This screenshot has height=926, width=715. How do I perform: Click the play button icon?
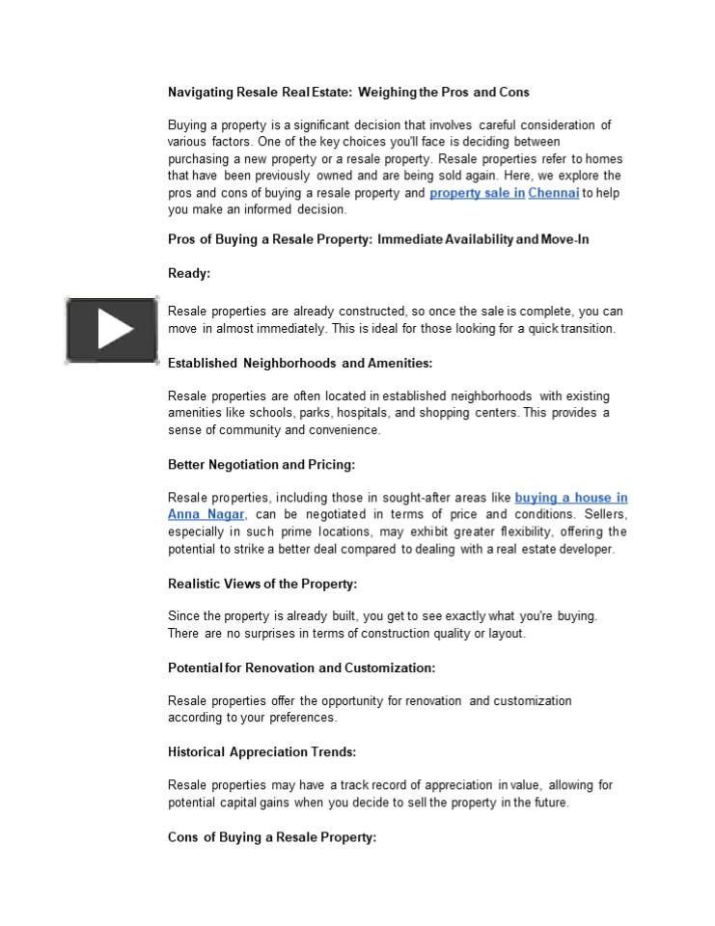pos(112,330)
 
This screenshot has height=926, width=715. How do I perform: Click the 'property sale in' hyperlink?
pos(477,193)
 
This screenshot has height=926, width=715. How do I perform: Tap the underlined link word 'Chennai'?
pos(554,193)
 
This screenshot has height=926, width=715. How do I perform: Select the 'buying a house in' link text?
pos(571,498)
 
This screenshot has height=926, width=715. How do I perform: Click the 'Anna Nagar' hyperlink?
pos(206,515)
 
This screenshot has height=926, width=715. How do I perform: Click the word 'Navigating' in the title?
pos(201,93)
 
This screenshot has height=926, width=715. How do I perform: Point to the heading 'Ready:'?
pos(189,274)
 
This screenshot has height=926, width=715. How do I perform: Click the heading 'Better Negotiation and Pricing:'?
pos(261,465)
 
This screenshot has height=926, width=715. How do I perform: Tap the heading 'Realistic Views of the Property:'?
pos(262,584)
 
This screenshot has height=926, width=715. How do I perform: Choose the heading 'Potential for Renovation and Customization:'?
pos(301,667)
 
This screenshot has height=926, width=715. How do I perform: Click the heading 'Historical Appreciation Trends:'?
pos(261,752)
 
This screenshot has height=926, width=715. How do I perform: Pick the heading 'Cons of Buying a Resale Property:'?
pos(272,837)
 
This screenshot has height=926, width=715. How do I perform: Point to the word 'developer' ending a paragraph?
pos(585,550)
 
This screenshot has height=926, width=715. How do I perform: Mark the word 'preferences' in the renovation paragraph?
pos(304,718)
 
